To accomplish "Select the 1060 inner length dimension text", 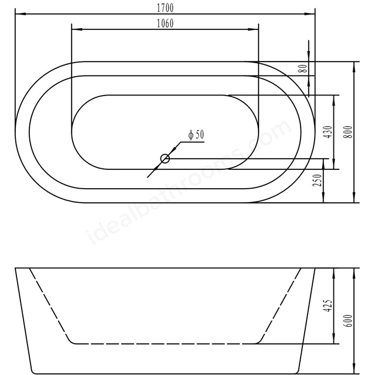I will tap(165, 23).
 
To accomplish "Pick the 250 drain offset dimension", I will tap(318, 180).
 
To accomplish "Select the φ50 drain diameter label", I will tap(196, 135).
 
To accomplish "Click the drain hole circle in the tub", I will tap(165, 158).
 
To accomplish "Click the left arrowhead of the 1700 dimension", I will tap(18, 13).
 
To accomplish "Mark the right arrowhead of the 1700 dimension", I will tap(312, 13).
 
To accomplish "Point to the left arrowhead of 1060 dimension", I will tap(74, 29).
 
